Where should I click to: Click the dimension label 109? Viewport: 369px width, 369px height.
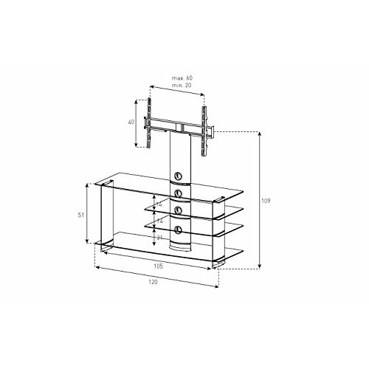[266, 201]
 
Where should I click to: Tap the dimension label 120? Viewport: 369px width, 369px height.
[153, 282]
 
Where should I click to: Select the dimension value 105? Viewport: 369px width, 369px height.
[158, 266]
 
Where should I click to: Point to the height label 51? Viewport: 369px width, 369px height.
[81, 215]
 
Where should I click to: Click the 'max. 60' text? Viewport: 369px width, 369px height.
[182, 78]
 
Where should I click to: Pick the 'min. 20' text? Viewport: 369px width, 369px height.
[182, 85]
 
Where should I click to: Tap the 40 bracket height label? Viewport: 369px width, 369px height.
[131, 122]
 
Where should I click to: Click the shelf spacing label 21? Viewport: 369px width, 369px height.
[159, 238]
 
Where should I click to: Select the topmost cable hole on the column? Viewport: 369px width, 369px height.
[178, 176]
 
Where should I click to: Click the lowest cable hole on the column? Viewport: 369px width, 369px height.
[178, 230]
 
